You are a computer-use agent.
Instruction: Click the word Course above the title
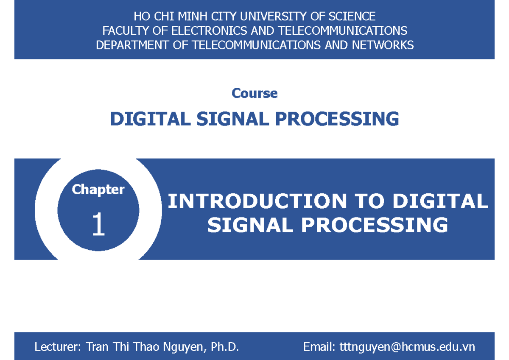point(255,93)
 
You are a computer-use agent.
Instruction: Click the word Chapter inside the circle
point(98,190)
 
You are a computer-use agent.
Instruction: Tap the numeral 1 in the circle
point(98,225)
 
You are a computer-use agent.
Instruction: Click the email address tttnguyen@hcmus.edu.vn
point(407,347)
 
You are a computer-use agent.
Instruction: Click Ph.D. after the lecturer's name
point(225,347)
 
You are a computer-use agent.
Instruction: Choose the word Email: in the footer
point(319,347)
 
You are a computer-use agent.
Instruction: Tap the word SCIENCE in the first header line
point(354,17)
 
